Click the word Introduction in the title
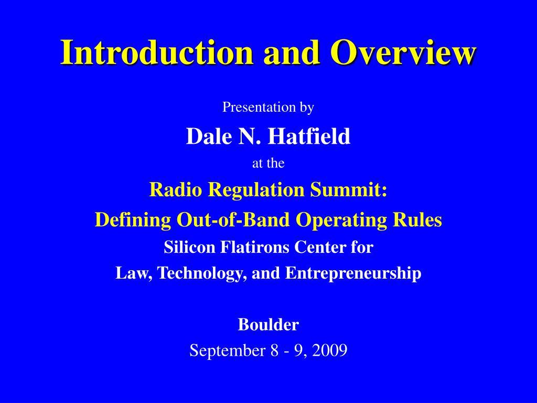[157, 52]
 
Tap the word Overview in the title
[403, 52]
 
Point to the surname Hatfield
[309, 136]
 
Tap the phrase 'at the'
[268, 163]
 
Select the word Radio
[175, 189]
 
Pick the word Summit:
[349, 189]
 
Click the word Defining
[133, 220]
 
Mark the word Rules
[417, 219]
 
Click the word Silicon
[189, 247]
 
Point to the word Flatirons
[254, 247]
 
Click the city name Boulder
[268, 324]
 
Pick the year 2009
[330, 350]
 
